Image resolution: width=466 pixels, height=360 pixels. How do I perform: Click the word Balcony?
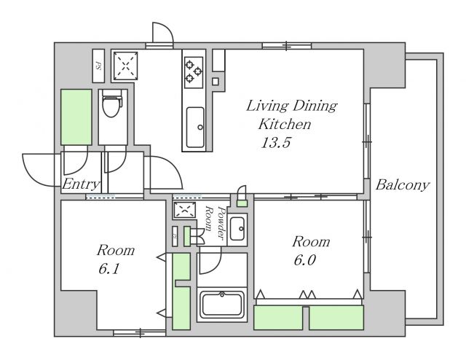[403, 185]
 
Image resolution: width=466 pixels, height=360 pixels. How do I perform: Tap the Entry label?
[81, 184]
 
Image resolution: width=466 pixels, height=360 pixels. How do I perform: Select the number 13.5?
[275, 143]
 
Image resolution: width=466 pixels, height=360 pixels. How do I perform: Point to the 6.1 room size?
[108, 269]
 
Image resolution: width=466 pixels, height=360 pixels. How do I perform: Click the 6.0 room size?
[304, 260]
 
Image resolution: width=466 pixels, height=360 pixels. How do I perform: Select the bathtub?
[222, 304]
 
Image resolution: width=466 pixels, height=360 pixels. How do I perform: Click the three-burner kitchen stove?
[194, 72]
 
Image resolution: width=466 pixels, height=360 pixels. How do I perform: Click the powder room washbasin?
[237, 229]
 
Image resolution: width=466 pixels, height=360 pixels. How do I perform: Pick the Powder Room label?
[215, 222]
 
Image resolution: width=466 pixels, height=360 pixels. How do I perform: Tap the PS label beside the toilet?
[98, 66]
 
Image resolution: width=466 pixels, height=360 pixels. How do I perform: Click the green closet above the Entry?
[76, 117]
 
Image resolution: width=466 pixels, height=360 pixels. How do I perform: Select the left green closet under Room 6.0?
[278, 318]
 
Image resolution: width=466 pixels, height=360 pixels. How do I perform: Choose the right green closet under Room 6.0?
[336, 318]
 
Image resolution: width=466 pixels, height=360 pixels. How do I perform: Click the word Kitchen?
[285, 124]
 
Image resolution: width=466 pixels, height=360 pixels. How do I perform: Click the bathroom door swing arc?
[215, 265]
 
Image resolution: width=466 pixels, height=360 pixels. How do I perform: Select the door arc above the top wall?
[167, 28]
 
